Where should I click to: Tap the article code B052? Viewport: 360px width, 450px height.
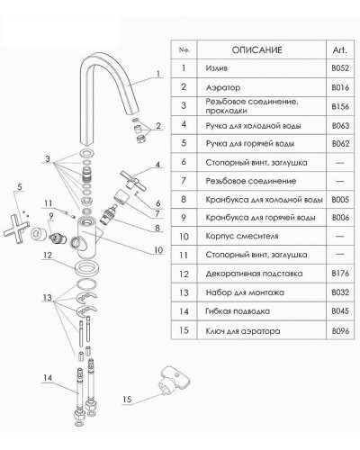click(x=338, y=67)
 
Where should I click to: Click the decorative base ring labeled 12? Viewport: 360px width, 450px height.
click(x=86, y=270)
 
